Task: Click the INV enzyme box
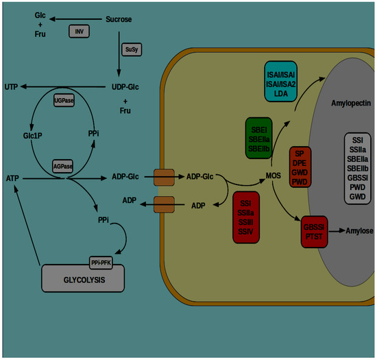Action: point(80,32)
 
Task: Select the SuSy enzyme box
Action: point(130,49)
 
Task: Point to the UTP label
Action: point(12,88)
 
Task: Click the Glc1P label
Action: point(33,136)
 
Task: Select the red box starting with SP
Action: point(301,167)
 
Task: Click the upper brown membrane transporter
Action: point(165,177)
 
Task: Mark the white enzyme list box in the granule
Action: point(356,167)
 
